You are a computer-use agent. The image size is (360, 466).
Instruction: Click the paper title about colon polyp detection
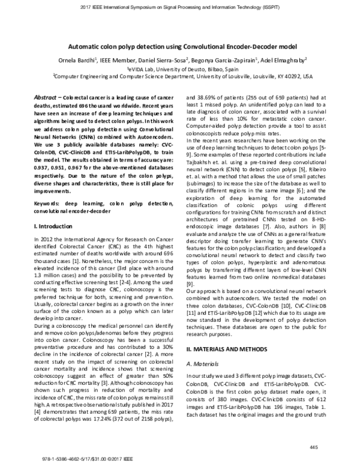179,45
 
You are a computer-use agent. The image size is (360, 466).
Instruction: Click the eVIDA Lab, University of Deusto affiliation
179,68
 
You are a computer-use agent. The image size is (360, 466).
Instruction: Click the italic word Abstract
44,96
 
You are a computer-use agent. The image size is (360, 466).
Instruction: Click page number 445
313,447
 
